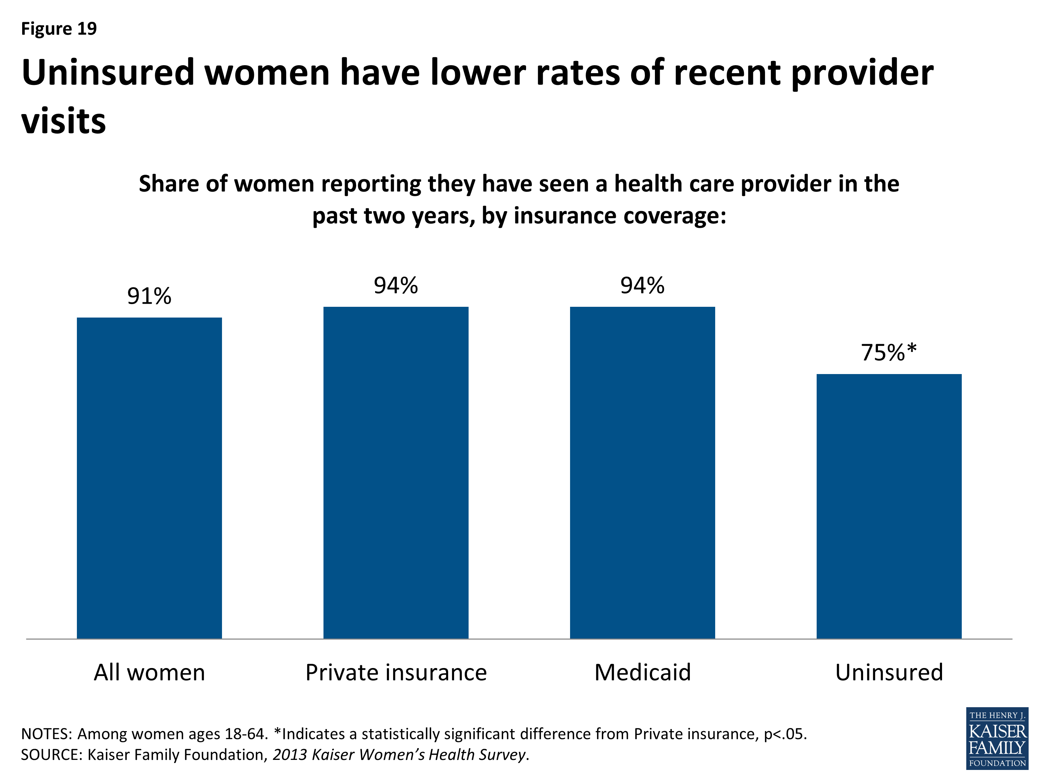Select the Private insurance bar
pos(396,472)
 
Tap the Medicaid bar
pos(642,472)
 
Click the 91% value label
pos(149,296)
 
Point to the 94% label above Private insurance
pos(396,285)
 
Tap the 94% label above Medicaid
pos(642,285)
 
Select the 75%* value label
pos(889,353)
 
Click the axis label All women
pos(149,672)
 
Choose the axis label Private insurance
pos(396,672)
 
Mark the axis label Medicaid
pos(642,672)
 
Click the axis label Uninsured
pos(889,672)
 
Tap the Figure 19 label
pos(59,29)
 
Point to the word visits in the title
pos(63,121)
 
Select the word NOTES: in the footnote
pos(46,734)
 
